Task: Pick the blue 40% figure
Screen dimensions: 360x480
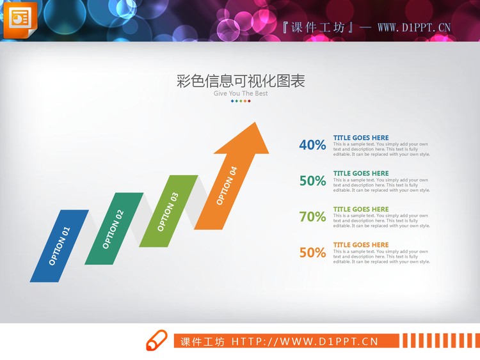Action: point(312,145)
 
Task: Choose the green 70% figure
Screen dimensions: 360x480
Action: point(312,217)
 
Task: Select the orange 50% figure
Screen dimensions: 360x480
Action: point(312,253)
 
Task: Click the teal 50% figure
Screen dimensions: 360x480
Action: point(312,181)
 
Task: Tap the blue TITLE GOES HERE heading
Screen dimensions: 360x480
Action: point(361,137)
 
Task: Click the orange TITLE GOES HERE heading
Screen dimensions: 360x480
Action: point(361,245)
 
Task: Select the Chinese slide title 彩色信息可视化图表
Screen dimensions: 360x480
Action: point(241,81)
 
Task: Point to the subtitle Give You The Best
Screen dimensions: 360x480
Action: point(241,93)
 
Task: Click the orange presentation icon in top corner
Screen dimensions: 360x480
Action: point(19,20)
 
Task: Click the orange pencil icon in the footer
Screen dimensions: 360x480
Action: point(156,341)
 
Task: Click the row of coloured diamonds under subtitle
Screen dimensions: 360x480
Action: point(241,101)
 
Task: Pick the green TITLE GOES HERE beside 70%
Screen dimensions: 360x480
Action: point(361,209)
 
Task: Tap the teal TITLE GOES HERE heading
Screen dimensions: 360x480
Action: point(361,173)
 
